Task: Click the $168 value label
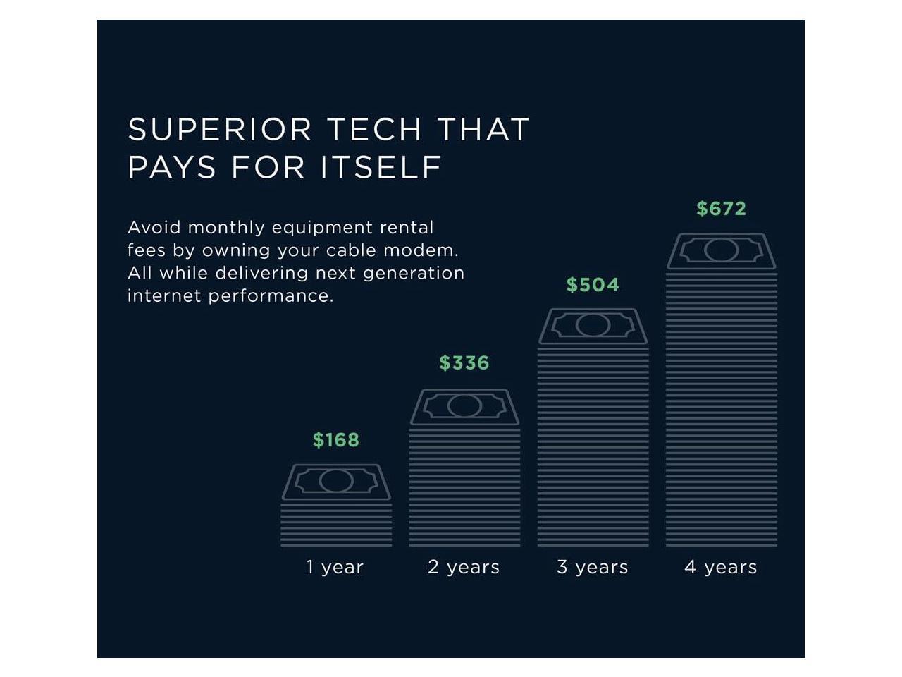coord(335,440)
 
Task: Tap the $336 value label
coord(464,362)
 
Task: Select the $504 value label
coord(593,284)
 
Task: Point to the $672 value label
coord(721,209)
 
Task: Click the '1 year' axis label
coord(335,567)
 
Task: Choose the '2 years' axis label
coord(464,567)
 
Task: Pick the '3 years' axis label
coord(592,567)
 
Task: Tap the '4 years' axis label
coord(720,567)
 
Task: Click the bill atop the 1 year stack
coord(336,482)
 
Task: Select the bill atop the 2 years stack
coord(464,406)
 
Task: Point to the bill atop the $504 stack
coord(593,326)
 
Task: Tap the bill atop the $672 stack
coord(722,250)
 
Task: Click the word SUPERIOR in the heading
coord(219,129)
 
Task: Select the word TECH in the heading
coord(375,129)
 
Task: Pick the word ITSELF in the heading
coord(381,167)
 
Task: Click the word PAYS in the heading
coord(172,167)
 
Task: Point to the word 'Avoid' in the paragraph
coord(154,227)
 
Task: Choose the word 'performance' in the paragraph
coord(271,296)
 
